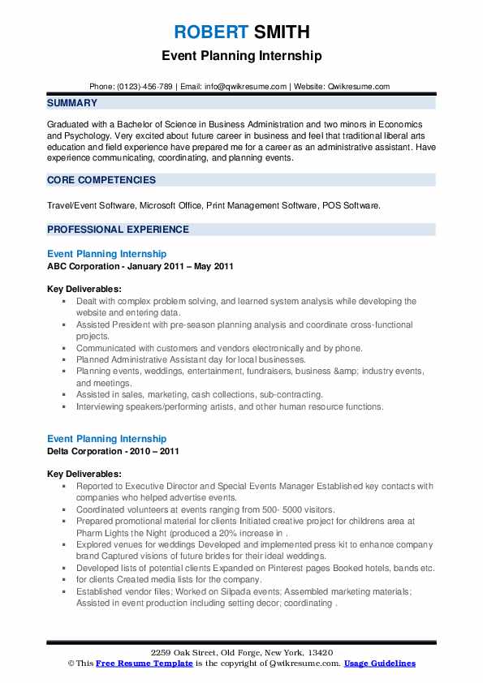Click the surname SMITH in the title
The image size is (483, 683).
[x=280, y=32]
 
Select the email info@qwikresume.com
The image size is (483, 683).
[x=247, y=86]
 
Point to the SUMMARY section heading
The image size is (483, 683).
[x=72, y=103]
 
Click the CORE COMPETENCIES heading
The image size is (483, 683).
[x=101, y=179]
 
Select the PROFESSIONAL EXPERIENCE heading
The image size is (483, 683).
[x=118, y=230]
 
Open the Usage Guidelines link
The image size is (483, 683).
[x=379, y=663]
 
